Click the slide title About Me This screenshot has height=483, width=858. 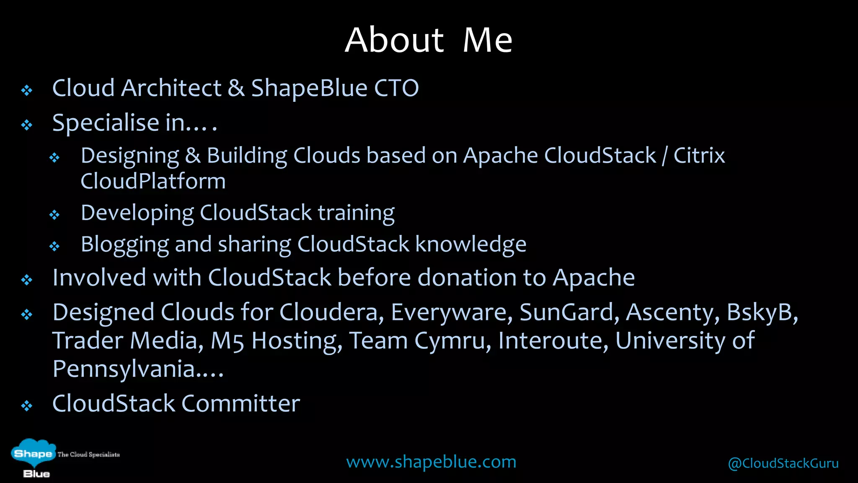pyautogui.click(x=429, y=40)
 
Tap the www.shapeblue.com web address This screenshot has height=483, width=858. pyautogui.click(x=431, y=462)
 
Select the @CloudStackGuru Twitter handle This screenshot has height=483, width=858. pyautogui.click(x=783, y=463)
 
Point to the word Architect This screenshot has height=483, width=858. pyautogui.click(x=171, y=88)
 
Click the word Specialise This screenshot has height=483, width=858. pyautogui.click(x=106, y=123)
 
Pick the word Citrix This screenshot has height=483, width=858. pyautogui.click(x=699, y=156)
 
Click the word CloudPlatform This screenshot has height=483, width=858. pyautogui.click(x=153, y=181)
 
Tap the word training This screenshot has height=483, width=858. pyautogui.click(x=356, y=213)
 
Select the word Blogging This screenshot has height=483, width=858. pyautogui.click(x=124, y=245)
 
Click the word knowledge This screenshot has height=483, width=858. pyautogui.click(x=470, y=244)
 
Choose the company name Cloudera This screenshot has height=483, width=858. pyautogui.click(x=331, y=312)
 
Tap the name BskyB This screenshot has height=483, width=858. pyautogui.click(x=762, y=312)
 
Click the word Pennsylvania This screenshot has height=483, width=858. pyautogui.click(x=124, y=369)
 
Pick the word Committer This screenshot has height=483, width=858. pyautogui.click(x=240, y=403)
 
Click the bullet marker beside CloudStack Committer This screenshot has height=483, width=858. pyautogui.click(x=27, y=405)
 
